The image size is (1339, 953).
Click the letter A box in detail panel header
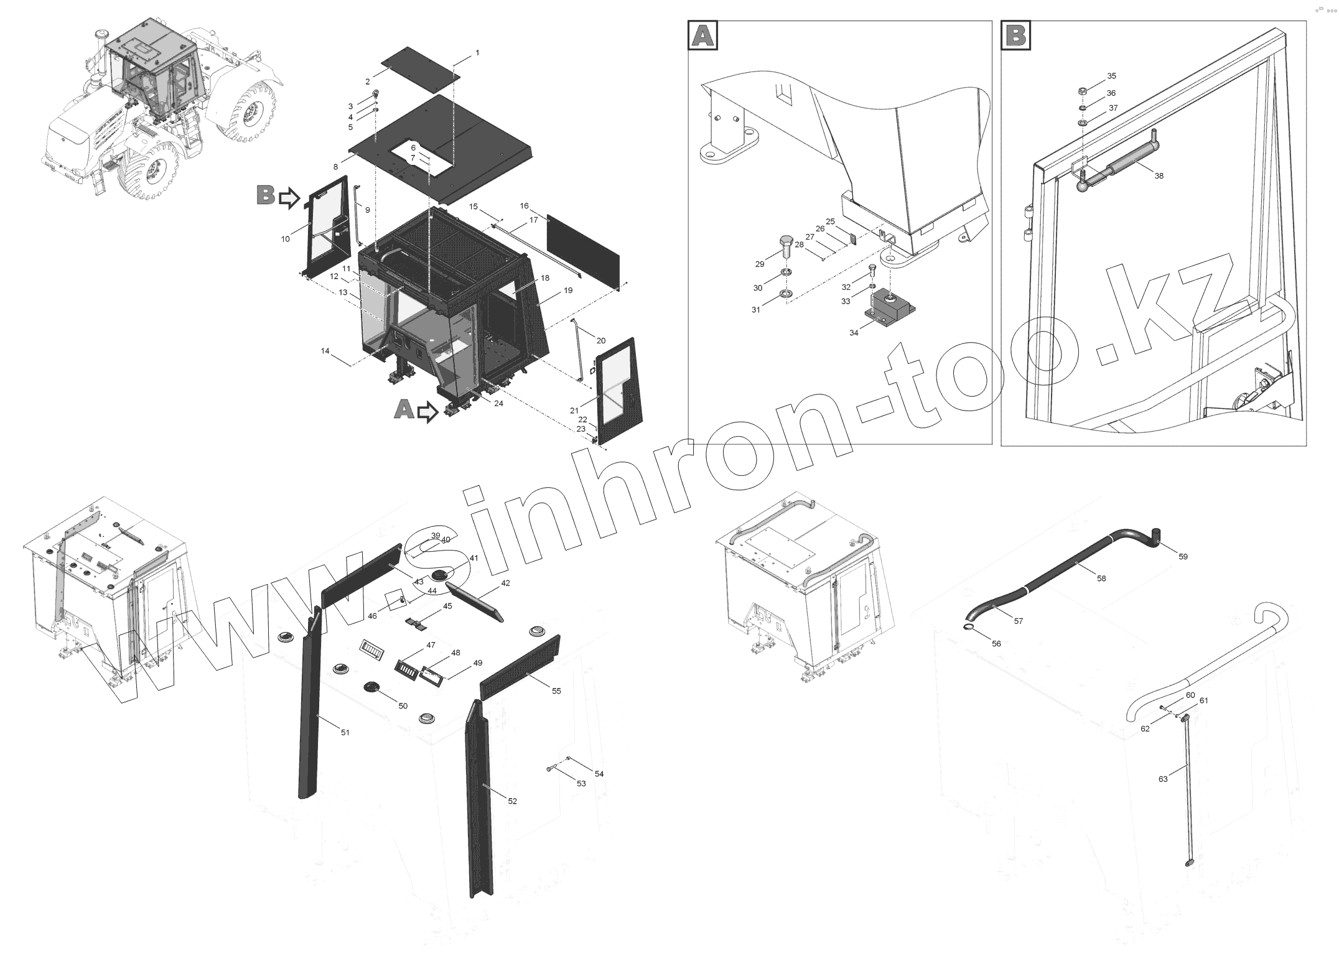(703, 35)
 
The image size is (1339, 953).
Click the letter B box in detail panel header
(1016, 35)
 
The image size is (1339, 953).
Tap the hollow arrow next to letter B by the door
(289, 198)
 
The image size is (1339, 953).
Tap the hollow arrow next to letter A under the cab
(427, 412)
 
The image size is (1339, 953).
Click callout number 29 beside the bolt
(760, 264)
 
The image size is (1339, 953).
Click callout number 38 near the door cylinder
(1159, 176)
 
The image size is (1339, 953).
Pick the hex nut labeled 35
(1083, 91)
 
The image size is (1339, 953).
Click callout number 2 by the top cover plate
(368, 81)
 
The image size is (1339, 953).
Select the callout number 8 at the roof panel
(336, 167)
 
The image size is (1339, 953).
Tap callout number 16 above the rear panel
(525, 206)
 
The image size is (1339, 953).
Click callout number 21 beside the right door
(574, 410)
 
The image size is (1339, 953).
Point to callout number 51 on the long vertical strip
(345, 732)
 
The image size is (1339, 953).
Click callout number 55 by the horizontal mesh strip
(556, 690)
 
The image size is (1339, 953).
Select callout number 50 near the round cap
(403, 705)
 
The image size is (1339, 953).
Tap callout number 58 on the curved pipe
(1102, 578)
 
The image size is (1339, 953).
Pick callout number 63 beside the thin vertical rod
(1163, 778)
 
